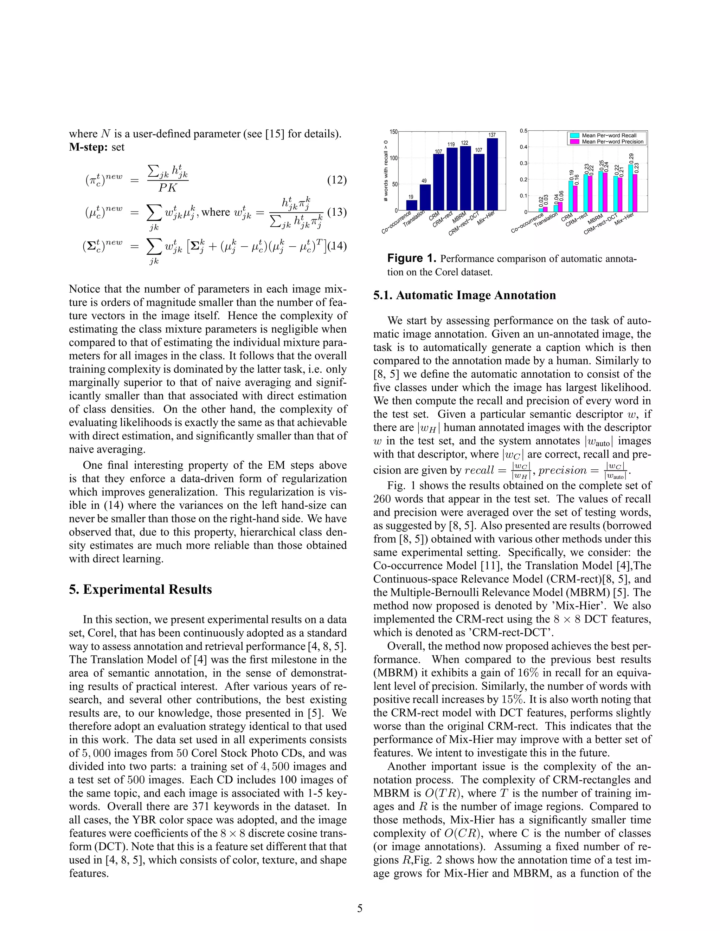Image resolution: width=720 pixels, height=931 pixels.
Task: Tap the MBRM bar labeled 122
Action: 465,178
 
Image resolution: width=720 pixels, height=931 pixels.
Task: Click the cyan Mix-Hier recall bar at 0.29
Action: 630,188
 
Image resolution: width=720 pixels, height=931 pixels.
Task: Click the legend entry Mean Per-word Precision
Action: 612,142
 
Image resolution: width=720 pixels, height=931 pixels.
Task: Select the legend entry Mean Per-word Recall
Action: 609,136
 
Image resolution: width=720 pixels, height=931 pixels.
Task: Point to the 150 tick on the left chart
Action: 393,132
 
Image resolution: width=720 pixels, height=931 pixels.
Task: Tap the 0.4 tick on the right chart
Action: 523,147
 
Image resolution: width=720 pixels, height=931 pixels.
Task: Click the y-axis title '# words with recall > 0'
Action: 386,170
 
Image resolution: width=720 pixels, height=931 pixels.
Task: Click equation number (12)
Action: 336,180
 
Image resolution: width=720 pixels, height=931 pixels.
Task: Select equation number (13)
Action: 336,212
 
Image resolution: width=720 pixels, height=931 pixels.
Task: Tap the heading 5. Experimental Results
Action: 140,590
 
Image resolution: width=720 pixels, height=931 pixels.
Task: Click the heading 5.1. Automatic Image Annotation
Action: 464,295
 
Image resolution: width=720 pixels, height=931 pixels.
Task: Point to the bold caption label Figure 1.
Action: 412,258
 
